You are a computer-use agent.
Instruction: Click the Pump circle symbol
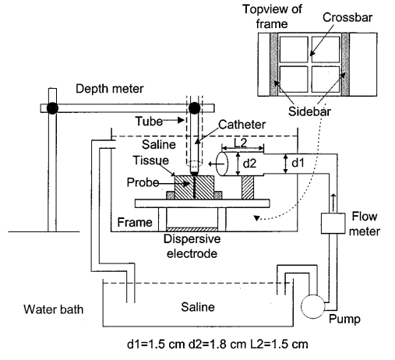pos(313,306)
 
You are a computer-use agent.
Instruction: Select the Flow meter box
pos(333,224)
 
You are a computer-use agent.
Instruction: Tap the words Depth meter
pos(110,89)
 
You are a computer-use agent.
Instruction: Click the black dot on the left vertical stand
pos(52,108)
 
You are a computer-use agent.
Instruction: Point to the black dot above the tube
pos(194,108)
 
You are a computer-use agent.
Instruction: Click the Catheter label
pos(242,125)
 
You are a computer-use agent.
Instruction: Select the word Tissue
pos(151,161)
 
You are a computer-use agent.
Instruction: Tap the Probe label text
pos(143,182)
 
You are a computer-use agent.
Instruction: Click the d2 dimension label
pos(249,164)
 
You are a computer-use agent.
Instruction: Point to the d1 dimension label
pos(298,163)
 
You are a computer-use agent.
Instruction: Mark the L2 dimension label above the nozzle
pos(240,143)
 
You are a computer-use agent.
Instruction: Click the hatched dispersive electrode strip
pos(192,229)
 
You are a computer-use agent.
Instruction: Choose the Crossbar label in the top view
pos(347,18)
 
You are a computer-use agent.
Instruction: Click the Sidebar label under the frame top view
pos(309,111)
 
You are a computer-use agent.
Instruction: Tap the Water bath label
pos(54,309)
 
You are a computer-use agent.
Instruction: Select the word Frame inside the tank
pos(135,222)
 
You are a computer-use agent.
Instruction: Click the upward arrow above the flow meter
pos(333,199)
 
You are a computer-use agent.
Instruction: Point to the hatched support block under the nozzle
pos(248,188)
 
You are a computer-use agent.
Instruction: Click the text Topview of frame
pos(272,16)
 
